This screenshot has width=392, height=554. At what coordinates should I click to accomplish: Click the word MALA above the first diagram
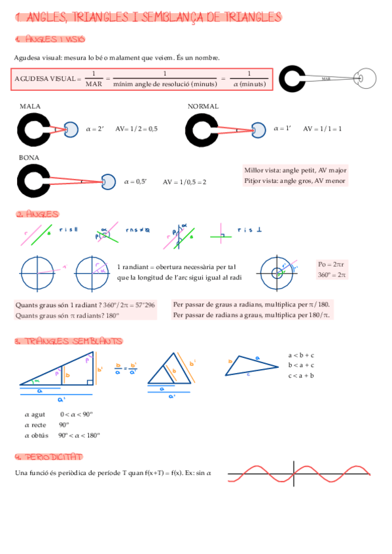30,106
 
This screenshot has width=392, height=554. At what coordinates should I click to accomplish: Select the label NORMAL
203,106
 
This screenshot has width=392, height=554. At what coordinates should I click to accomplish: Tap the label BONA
29,157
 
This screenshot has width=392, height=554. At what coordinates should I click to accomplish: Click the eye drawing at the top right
366,78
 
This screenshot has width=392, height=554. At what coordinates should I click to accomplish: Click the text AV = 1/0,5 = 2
185,182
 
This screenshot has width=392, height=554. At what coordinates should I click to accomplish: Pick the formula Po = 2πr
331,264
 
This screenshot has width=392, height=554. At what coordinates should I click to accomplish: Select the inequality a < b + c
301,355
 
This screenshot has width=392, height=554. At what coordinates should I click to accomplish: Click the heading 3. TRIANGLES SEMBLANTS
68,341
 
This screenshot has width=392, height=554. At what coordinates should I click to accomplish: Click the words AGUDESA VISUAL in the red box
45,79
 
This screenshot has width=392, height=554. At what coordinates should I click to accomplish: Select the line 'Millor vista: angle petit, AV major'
295,169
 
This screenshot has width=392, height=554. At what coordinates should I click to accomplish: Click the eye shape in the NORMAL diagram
260,129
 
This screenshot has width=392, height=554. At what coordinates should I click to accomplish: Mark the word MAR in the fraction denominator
94,84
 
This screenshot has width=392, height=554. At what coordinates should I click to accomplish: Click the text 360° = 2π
332,275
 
